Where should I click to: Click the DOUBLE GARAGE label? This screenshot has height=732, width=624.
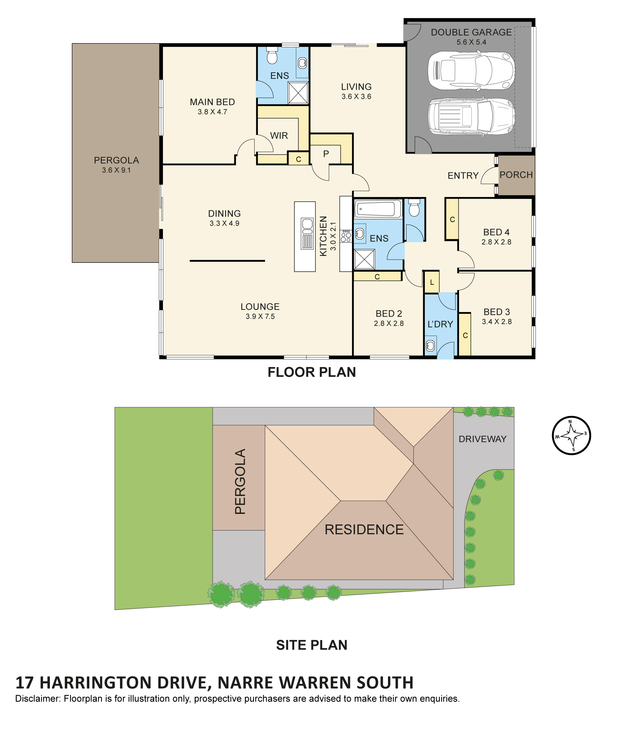tap(471, 33)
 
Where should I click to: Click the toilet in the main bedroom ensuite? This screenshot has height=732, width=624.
tap(272, 55)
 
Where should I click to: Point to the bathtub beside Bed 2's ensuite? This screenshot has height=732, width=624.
tap(377, 209)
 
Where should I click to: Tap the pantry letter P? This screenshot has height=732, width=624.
tap(326, 154)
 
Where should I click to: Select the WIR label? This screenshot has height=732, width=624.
tap(279, 136)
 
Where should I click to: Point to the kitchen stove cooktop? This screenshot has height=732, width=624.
tap(346, 236)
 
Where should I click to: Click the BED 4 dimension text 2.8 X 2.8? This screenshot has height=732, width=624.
tap(496, 242)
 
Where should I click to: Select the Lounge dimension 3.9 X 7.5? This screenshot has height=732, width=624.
tap(260, 317)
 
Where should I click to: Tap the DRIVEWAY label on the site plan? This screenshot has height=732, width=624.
tap(482, 439)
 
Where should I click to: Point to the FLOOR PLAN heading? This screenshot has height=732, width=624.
tap(311, 372)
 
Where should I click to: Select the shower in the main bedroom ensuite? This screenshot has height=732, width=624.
tap(298, 93)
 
